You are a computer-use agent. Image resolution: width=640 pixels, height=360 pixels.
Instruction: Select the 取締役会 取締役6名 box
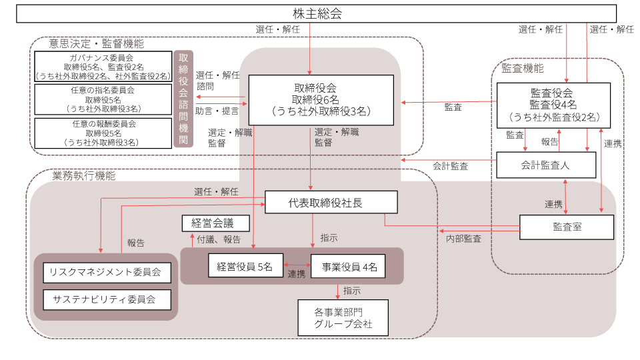(x=321, y=100)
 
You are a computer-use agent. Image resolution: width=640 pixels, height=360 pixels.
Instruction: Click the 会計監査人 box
(x=547, y=165)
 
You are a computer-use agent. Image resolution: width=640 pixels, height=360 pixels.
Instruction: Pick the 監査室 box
(x=567, y=227)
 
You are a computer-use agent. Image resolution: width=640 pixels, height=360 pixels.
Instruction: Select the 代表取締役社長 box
(x=331, y=203)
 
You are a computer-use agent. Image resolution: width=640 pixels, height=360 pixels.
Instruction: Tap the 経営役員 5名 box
(x=245, y=267)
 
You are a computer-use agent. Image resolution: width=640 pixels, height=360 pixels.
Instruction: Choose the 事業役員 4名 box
(x=349, y=267)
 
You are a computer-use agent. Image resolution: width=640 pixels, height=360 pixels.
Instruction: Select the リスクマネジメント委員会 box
(x=107, y=272)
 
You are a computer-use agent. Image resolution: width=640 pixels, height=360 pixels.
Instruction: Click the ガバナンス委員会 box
(x=103, y=67)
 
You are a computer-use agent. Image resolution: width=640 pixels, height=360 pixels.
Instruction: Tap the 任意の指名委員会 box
(x=103, y=99)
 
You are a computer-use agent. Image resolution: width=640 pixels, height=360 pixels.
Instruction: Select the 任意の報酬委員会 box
(x=103, y=133)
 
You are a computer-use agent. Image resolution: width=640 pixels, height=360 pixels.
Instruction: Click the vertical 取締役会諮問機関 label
(x=183, y=99)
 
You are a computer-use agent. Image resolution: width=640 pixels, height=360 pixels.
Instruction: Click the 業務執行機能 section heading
(x=83, y=176)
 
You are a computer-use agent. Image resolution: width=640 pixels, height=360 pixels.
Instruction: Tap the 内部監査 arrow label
(x=463, y=238)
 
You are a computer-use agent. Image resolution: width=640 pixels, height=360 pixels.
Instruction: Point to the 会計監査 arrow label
(x=450, y=165)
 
